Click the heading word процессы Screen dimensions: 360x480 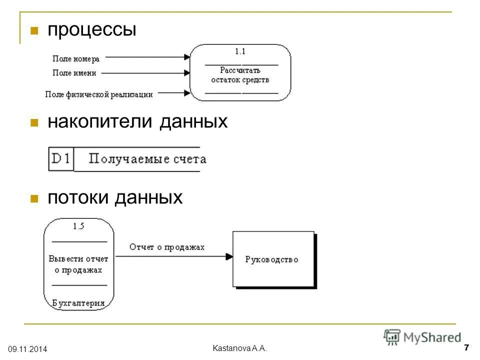(91, 30)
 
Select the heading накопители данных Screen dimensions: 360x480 (137, 121)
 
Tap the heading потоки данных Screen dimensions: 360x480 (115, 198)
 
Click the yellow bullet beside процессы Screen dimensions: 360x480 (34, 30)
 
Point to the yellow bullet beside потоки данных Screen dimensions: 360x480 (34, 198)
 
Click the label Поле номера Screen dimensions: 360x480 (76, 59)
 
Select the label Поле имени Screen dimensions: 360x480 (74, 73)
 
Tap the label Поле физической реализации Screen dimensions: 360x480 (98, 93)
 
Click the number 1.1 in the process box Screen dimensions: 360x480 (240, 51)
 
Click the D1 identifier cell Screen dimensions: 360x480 (61, 159)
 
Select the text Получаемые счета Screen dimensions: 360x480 (147, 159)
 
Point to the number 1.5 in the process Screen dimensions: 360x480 (78, 226)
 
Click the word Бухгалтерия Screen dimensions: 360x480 (78, 303)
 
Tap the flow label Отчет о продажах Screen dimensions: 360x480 (167, 247)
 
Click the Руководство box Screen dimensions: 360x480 (273, 259)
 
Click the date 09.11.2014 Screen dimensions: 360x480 (27, 348)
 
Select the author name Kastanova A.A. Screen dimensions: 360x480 (240, 348)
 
